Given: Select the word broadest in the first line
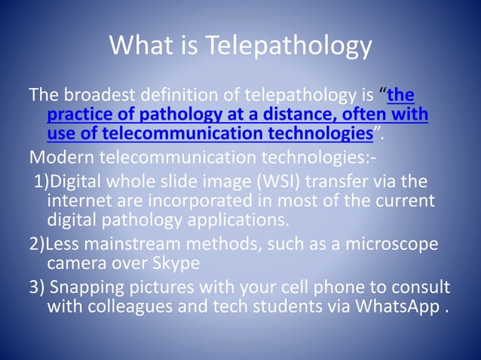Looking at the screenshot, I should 103,96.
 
